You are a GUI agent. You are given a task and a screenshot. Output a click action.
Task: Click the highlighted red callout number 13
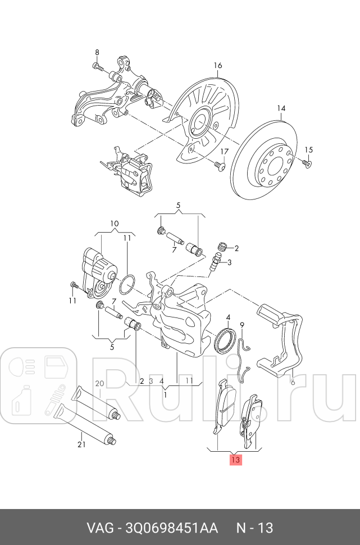[x=235, y=460]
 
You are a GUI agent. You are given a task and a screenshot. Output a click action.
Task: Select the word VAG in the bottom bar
[x=99, y=528]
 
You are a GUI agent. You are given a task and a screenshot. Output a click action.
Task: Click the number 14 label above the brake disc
[x=281, y=108]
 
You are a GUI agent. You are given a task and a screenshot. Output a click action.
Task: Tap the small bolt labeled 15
[x=306, y=163]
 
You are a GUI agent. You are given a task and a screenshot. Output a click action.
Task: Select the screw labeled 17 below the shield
[x=218, y=166]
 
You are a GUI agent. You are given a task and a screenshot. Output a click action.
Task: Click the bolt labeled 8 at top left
[x=98, y=67]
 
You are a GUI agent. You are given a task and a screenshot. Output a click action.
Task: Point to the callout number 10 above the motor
[x=114, y=224]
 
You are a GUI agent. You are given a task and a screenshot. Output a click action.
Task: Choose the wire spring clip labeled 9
[x=243, y=354]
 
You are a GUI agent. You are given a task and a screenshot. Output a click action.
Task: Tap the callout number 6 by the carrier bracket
[x=292, y=381]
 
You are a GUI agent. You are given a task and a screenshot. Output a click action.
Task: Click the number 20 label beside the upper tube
[x=99, y=384]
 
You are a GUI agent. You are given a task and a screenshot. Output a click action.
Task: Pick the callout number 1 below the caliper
[x=165, y=394]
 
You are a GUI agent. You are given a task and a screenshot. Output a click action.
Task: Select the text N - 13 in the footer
[x=254, y=528]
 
